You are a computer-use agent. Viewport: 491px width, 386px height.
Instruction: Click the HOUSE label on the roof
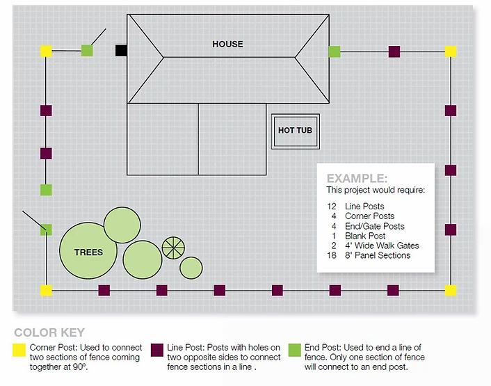click(x=227, y=44)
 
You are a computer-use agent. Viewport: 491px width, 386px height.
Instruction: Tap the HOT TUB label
click(x=295, y=130)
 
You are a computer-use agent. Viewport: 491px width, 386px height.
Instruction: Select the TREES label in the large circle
click(x=88, y=252)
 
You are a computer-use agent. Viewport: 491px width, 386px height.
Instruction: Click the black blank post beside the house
click(x=121, y=50)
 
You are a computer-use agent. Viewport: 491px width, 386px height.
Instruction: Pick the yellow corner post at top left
click(x=46, y=51)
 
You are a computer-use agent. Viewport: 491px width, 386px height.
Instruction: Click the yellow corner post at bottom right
click(x=451, y=290)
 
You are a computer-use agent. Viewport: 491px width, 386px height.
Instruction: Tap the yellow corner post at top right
click(x=451, y=51)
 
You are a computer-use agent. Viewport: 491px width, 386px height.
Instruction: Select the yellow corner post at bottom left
click(x=46, y=290)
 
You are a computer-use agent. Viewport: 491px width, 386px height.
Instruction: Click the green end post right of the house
click(x=335, y=51)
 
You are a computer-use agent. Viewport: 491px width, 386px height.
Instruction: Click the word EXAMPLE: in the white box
click(x=357, y=178)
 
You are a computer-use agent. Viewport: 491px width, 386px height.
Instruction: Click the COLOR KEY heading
click(x=49, y=333)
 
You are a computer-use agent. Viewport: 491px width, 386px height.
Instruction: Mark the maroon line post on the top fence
click(x=394, y=51)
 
